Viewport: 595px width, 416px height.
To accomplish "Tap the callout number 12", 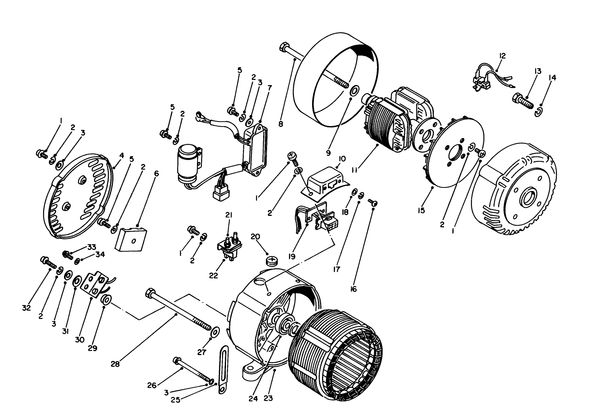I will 502,56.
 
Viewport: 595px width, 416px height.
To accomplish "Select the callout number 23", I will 268,399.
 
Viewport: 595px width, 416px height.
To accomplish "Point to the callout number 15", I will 421,210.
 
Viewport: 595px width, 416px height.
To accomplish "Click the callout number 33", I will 92,247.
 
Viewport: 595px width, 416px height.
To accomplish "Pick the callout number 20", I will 255,236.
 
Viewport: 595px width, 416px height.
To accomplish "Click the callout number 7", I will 269,87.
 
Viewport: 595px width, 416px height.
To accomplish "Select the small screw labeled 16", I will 373,202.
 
